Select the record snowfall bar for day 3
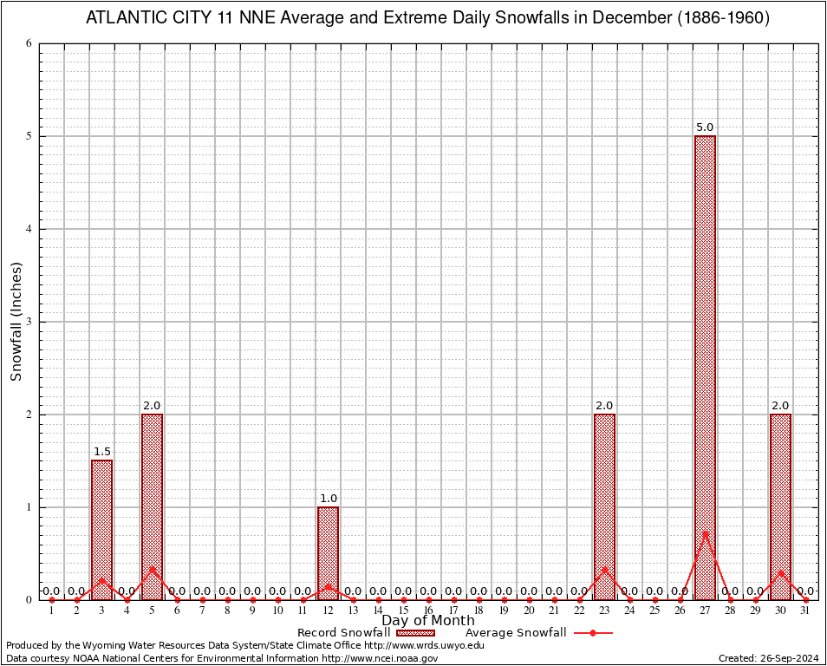tap(101, 529)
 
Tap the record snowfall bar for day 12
tap(328, 552)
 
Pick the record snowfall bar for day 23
tap(604, 506)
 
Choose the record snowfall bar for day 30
tap(780, 506)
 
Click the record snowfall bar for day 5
tap(152, 506)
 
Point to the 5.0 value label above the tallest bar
tap(705, 127)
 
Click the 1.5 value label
tap(101, 452)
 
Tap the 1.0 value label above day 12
tap(328, 499)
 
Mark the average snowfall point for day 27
tap(705, 533)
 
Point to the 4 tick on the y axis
tap(29, 229)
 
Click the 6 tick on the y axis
tap(29, 43)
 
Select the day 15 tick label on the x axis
tap(403, 611)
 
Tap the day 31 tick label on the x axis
tap(805, 611)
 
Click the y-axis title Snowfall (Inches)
tap(16, 322)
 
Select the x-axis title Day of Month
tap(428, 621)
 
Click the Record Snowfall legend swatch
tap(415, 633)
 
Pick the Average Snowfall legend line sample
tap(592, 633)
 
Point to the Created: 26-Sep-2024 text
tap(768, 659)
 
